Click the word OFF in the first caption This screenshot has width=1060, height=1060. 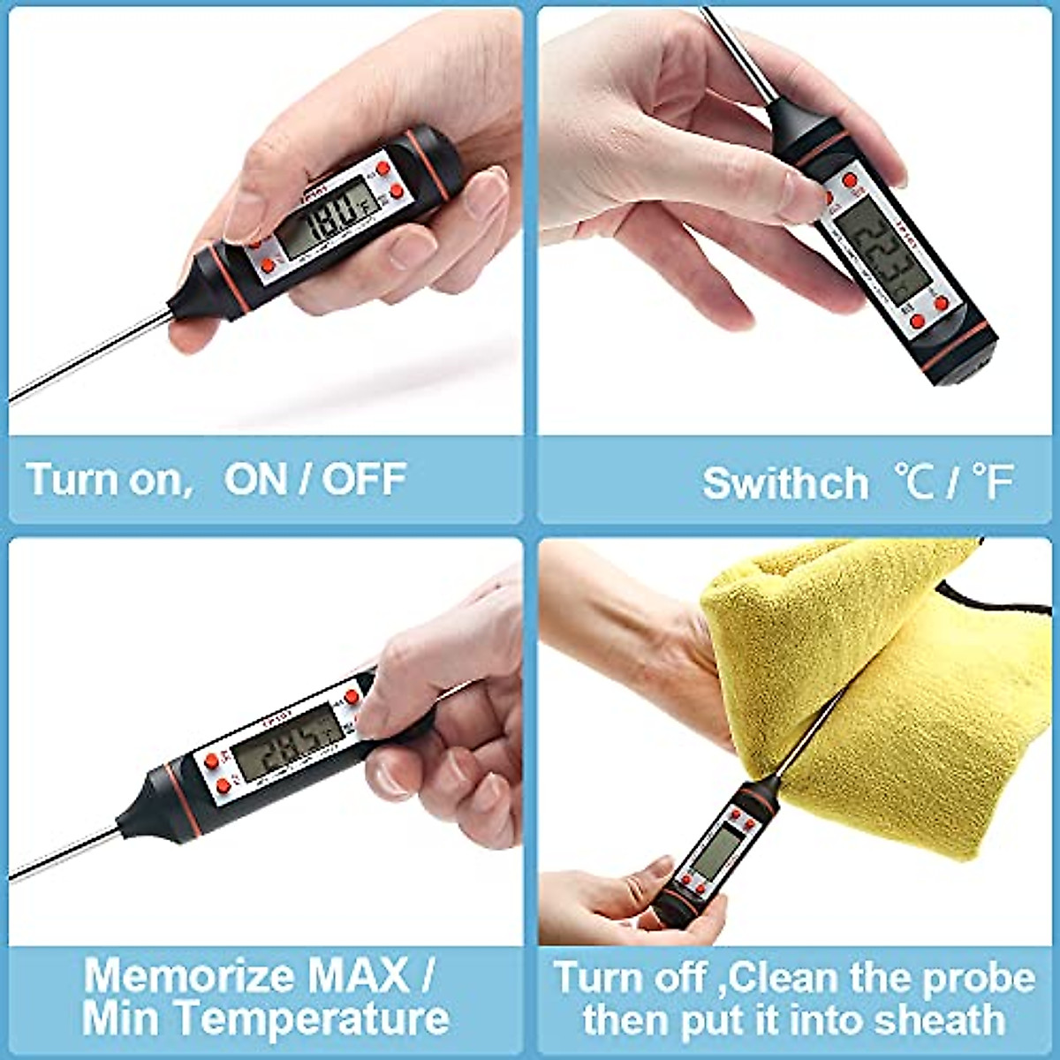(x=363, y=480)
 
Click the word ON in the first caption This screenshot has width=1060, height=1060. (x=257, y=480)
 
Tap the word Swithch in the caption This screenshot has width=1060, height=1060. (x=785, y=484)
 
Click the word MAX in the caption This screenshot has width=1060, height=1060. (x=358, y=977)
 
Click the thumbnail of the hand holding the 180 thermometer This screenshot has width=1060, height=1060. (x=265, y=221)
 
